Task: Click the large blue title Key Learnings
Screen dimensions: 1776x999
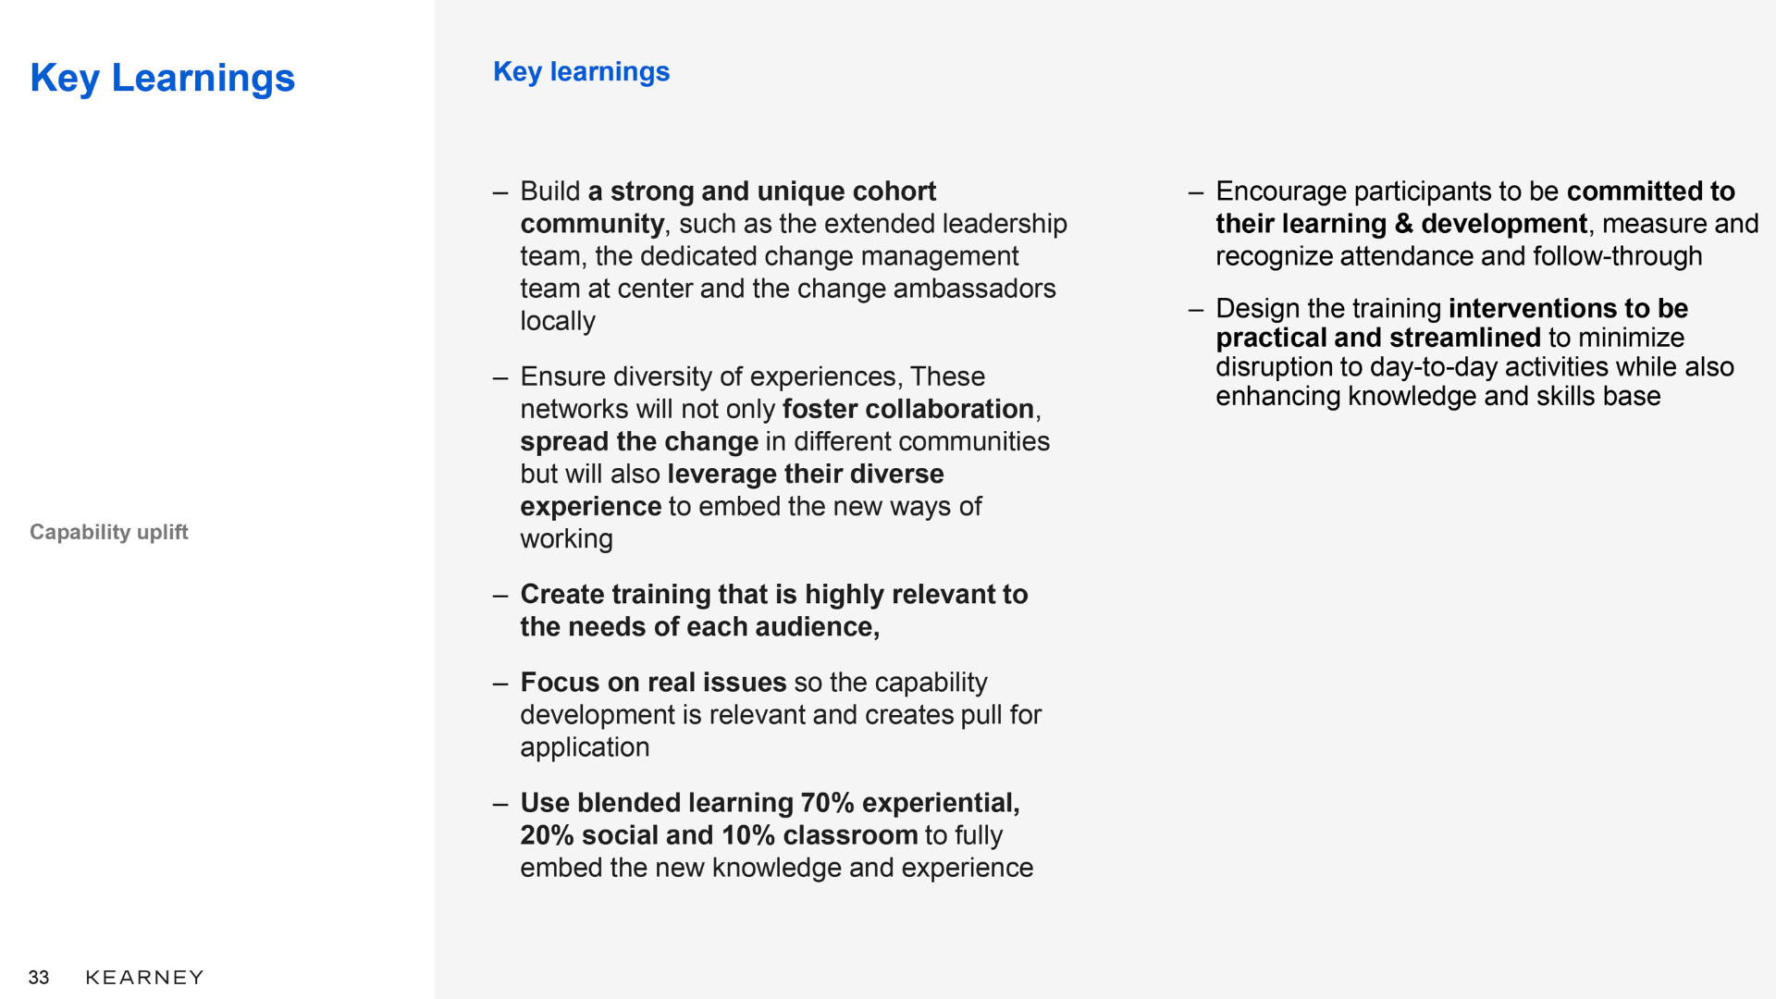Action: coord(162,79)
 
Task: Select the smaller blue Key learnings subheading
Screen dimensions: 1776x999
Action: coord(581,72)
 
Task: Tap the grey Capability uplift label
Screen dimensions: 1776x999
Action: coord(108,532)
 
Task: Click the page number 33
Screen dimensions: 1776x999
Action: coord(39,978)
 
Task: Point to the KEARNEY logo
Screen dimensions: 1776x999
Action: coord(144,978)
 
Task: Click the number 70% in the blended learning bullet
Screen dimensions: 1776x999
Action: coord(827,803)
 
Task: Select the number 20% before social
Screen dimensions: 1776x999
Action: coord(548,835)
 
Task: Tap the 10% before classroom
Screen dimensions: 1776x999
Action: coord(748,835)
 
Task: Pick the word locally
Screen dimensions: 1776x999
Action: coord(558,321)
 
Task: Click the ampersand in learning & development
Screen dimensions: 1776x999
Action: coord(1403,224)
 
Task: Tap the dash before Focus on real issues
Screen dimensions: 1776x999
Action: coord(500,684)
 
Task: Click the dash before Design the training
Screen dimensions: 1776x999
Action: coord(1196,310)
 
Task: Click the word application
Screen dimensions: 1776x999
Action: coord(585,747)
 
